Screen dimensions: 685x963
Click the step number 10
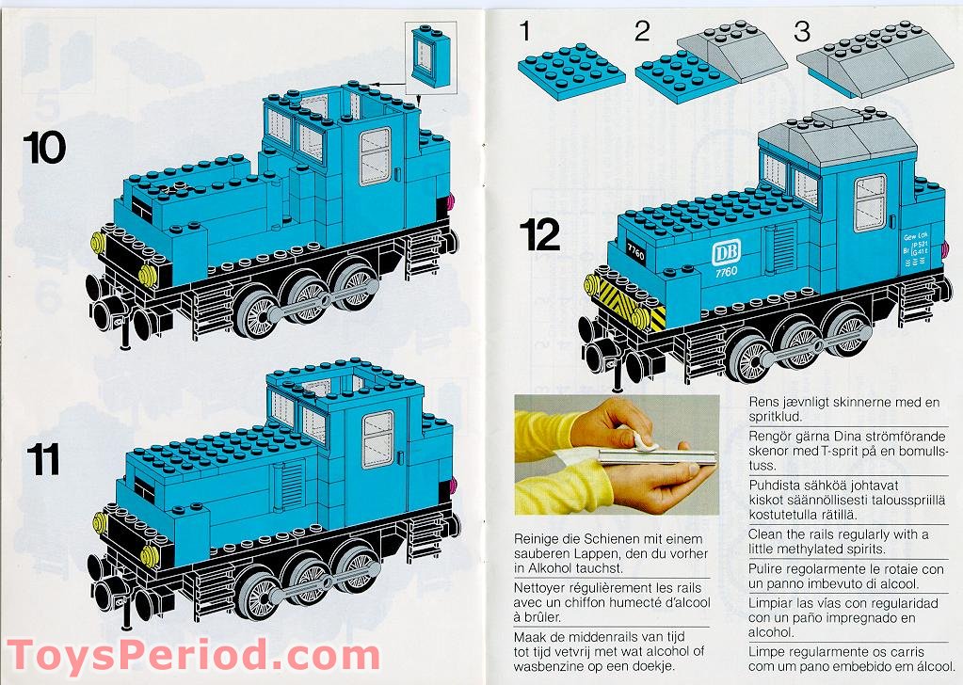coord(45,148)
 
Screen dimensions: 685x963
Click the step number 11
coord(42,460)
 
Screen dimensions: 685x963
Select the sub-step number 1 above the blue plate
coord(523,31)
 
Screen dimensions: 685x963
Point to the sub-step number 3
coord(801,31)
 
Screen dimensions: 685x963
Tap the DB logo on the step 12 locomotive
coord(726,254)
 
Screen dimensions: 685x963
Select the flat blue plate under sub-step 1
coord(570,71)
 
